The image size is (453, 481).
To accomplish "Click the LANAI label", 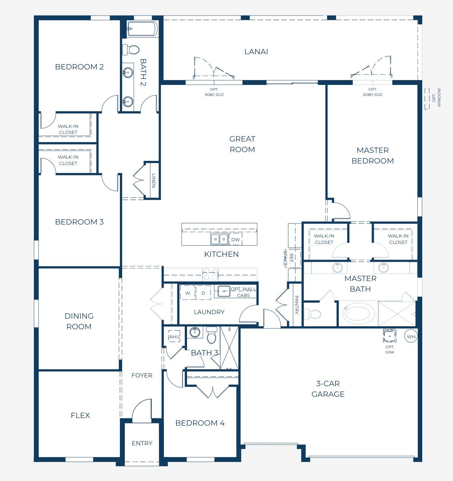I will (256, 52).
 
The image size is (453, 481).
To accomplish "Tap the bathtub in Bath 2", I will (142, 28).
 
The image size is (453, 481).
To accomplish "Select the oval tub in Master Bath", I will (358, 313).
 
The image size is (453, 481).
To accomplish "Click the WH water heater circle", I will (411, 336).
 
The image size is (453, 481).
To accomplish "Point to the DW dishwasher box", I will (236, 239).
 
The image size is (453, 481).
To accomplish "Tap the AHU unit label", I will (174, 336).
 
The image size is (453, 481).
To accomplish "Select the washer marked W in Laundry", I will (187, 293).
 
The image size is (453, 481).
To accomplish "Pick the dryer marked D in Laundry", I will (203, 293).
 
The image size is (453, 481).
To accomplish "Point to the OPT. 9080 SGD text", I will (214, 92).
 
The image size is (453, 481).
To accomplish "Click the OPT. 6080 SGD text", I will (373, 92).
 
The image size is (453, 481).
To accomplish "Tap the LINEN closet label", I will (154, 181).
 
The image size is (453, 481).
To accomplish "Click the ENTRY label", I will (142, 443).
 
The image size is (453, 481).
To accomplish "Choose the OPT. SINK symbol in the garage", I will (389, 336).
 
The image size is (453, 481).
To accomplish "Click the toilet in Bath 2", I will (131, 49).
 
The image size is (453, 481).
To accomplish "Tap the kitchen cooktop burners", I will (210, 274).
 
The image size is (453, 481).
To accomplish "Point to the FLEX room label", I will (80, 415).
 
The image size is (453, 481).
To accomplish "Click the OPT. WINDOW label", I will (437, 97).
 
